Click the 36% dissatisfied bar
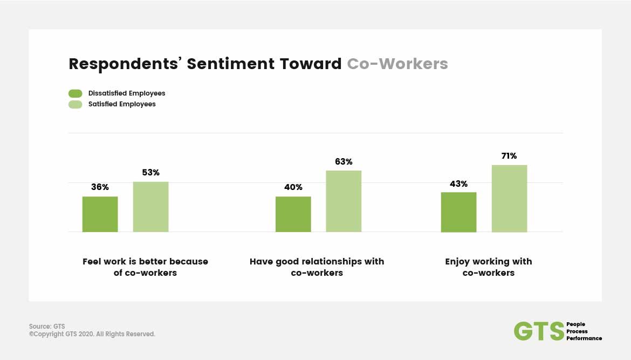pyautogui.click(x=100, y=214)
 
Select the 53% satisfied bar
pyautogui.click(x=151, y=207)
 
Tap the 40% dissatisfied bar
pyautogui.click(x=293, y=214)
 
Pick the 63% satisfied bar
pyautogui.click(x=344, y=201)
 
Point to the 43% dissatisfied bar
pyautogui.click(x=459, y=212)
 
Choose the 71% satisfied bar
pyautogui.click(x=510, y=199)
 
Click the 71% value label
pyautogui.click(x=509, y=156)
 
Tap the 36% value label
pyautogui.click(x=100, y=187)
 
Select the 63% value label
pyautogui.click(x=344, y=161)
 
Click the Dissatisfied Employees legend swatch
pyautogui.click(x=76, y=93)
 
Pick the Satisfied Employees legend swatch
pyautogui.click(x=76, y=104)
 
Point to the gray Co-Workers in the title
pyautogui.click(x=397, y=64)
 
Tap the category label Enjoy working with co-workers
pyautogui.click(x=489, y=267)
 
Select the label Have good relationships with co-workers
pyautogui.click(x=317, y=267)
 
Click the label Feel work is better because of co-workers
pyautogui.click(x=145, y=267)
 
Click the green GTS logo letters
pyautogui.click(x=539, y=331)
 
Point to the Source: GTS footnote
pyautogui.click(x=47, y=326)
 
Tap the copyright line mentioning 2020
pyautogui.click(x=92, y=334)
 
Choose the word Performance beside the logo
pyautogui.click(x=584, y=338)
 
